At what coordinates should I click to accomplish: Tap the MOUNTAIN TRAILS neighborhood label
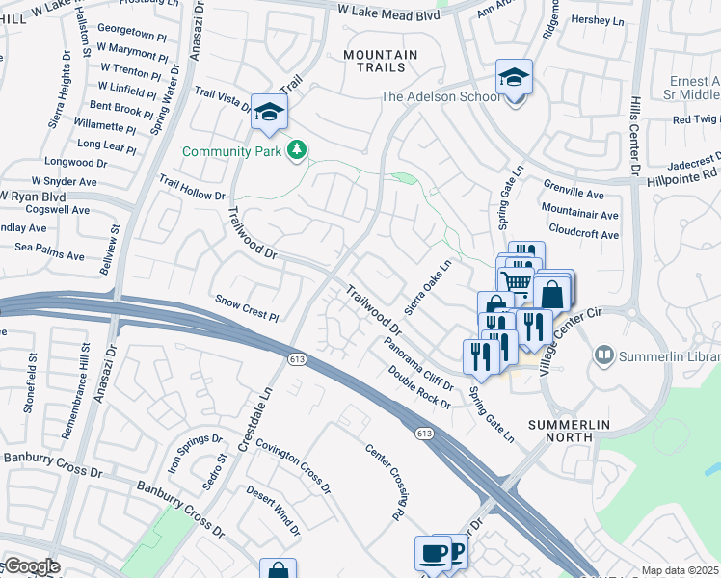click(381, 64)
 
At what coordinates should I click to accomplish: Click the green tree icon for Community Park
click(298, 150)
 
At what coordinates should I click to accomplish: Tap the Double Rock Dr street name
click(419, 388)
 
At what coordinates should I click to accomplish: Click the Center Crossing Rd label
click(384, 483)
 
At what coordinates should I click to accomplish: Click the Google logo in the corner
click(31, 566)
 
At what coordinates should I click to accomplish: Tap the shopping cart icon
click(517, 282)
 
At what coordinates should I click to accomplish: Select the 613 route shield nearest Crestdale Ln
click(296, 358)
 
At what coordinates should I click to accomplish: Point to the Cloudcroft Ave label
click(583, 234)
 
